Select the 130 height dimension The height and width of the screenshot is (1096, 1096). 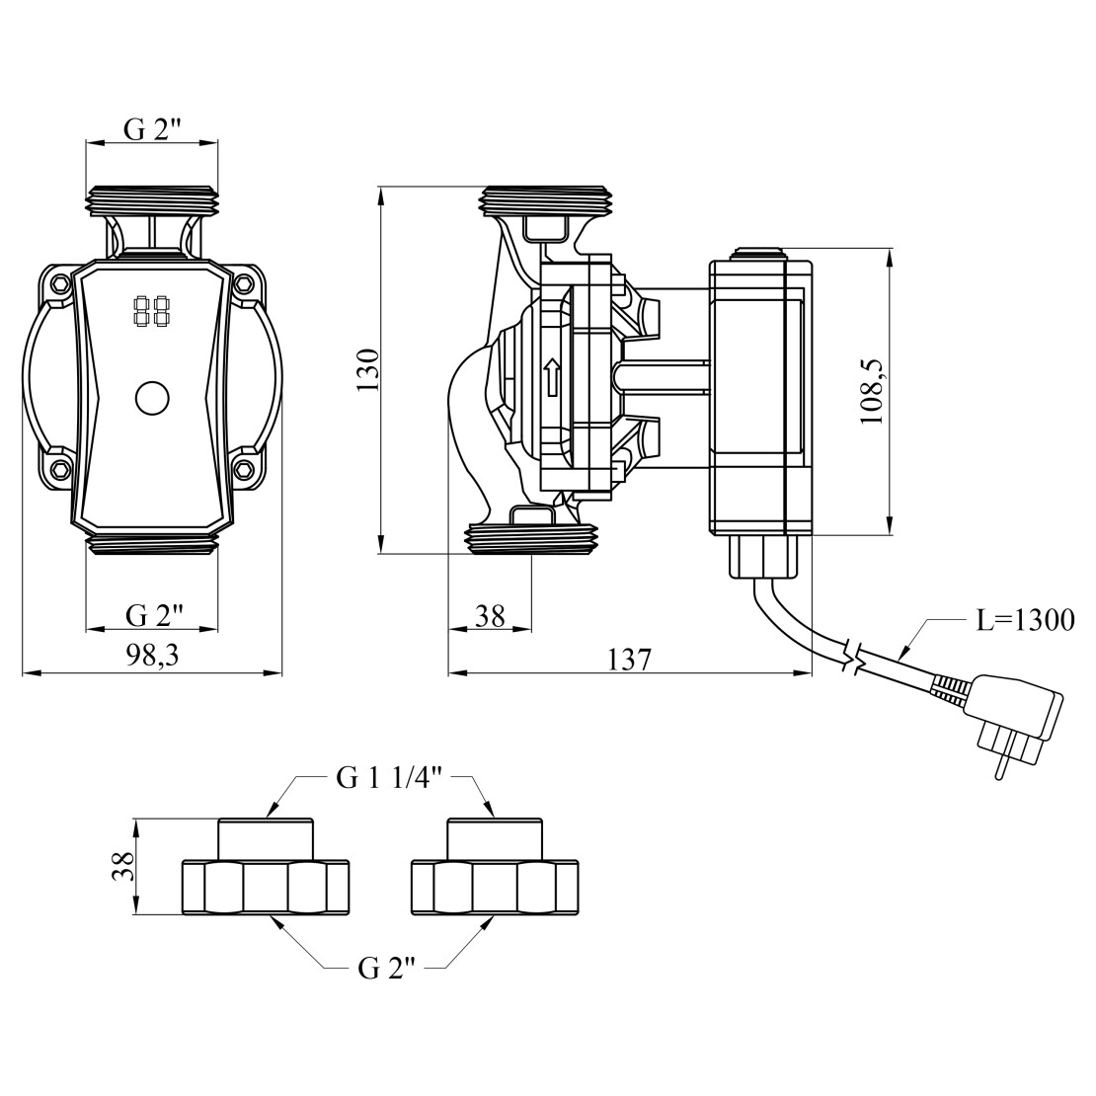coord(368,369)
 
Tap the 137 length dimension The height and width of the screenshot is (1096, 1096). coord(630,659)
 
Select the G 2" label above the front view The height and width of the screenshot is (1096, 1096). coord(153,128)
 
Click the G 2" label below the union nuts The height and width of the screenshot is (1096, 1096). coord(385,969)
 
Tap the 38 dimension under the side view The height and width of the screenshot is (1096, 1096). coord(490,616)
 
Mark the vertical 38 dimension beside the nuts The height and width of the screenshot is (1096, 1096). coord(122,867)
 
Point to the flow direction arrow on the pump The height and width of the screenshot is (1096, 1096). coord(553,377)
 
